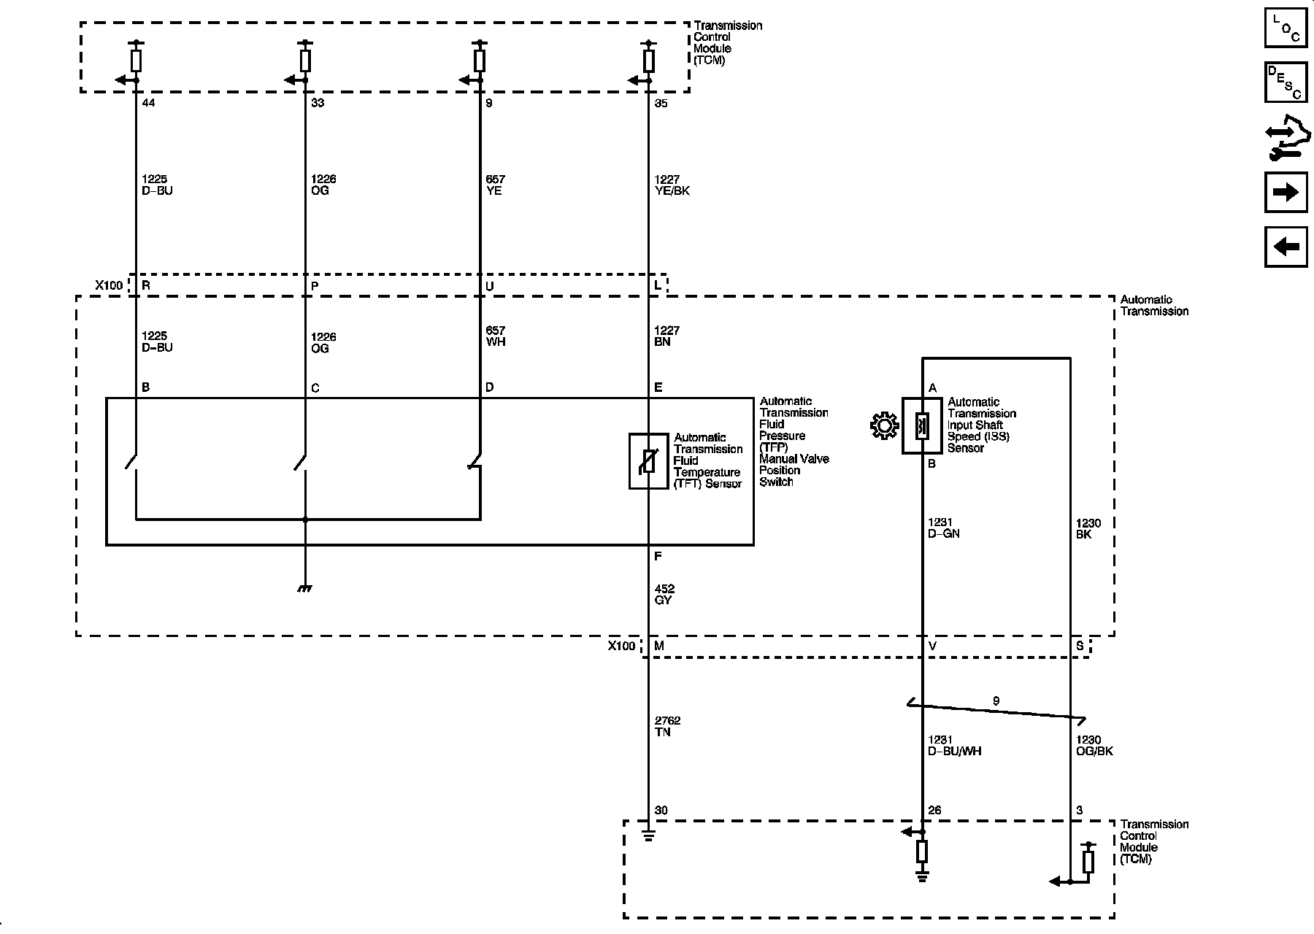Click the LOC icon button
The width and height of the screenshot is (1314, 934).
pos(1286,27)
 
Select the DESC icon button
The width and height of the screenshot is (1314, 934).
pos(1286,82)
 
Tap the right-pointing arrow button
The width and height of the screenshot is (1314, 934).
pos(1286,192)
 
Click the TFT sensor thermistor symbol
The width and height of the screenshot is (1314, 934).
pos(649,461)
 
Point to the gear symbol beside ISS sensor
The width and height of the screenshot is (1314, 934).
pos(884,425)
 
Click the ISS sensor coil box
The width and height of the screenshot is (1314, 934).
pos(922,425)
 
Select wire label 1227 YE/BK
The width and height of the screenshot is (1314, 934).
pos(672,185)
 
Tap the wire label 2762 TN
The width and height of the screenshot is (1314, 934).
pos(667,726)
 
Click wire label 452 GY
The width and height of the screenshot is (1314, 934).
pos(664,594)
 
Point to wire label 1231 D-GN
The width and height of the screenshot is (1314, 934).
pos(943,528)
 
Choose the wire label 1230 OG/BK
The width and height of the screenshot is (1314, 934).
pos(1094,745)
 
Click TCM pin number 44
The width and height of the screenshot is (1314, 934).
pos(148,103)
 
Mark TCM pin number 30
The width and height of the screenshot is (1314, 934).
pos(661,810)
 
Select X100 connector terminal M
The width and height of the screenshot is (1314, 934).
pos(659,646)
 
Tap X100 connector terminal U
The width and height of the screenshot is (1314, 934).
pos(489,286)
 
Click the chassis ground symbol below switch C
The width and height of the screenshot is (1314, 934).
pos(305,587)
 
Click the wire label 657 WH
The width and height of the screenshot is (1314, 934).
pos(495,336)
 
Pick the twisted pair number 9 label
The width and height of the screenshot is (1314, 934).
pos(996,700)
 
